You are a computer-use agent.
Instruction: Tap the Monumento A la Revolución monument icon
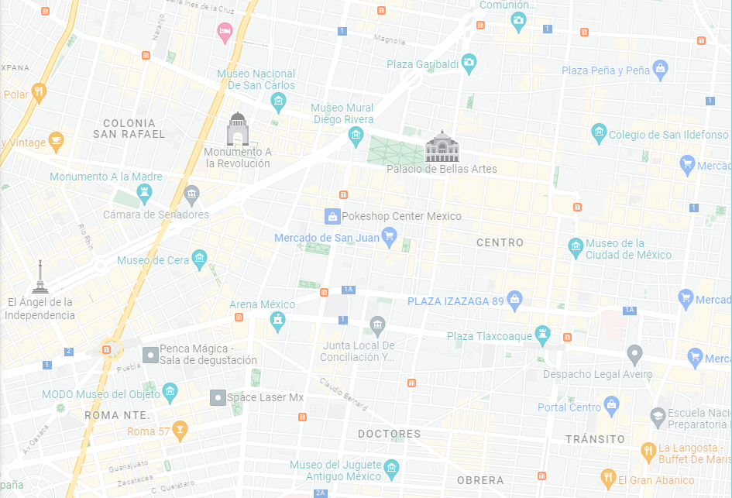click(x=237, y=129)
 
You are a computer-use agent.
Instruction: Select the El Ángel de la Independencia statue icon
click(x=40, y=277)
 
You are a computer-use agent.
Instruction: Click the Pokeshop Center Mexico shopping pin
click(x=332, y=216)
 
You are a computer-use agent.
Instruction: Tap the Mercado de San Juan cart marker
click(x=390, y=238)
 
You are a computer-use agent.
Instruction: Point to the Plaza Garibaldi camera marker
click(x=468, y=63)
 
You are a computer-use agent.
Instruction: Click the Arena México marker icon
click(x=277, y=321)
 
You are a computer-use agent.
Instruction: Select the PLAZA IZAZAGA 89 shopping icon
click(x=515, y=301)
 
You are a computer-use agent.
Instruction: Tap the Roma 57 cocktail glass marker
click(x=180, y=430)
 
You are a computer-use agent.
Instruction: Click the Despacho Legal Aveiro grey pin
click(x=635, y=355)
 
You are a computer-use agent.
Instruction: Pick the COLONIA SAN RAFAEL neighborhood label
click(x=129, y=129)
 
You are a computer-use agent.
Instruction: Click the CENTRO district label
click(x=500, y=242)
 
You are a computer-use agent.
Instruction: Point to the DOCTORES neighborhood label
click(x=390, y=434)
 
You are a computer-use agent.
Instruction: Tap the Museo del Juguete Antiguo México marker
click(x=392, y=469)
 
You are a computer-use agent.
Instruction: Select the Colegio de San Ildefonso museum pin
click(x=598, y=133)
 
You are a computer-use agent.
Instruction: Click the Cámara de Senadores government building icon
click(x=191, y=194)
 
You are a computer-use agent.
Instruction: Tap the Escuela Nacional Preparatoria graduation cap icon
click(x=658, y=417)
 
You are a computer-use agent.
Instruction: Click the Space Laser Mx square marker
click(x=218, y=397)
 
